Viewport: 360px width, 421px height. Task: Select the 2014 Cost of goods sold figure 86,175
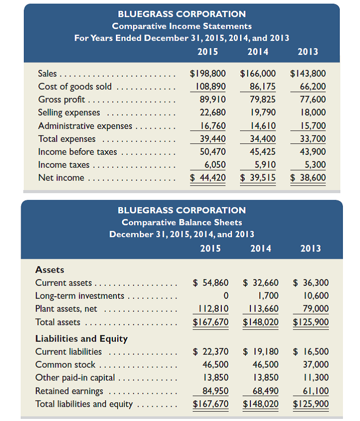[x=262, y=86]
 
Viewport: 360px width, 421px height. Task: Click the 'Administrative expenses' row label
[x=85, y=125]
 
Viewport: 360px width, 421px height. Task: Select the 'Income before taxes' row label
[x=78, y=152]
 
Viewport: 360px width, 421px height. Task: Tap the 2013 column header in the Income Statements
[x=308, y=52]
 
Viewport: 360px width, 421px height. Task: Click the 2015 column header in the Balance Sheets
[x=210, y=248]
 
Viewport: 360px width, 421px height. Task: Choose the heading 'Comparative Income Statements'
[x=182, y=26]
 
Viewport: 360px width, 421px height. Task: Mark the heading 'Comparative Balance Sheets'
[x=182, y=222]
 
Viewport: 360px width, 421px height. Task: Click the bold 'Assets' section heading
[x=50, y=269]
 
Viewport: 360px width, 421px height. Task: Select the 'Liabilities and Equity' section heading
[x=81, y=339]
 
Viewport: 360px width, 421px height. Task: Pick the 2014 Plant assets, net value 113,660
[x=261, y=309]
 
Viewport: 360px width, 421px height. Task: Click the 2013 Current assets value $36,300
[x=311, y=283]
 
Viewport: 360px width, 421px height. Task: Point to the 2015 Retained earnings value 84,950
[x=214, y=390]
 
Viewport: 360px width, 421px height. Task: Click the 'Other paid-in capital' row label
[x=75, y=378]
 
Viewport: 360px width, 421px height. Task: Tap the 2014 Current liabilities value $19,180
[x=261, y=352]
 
